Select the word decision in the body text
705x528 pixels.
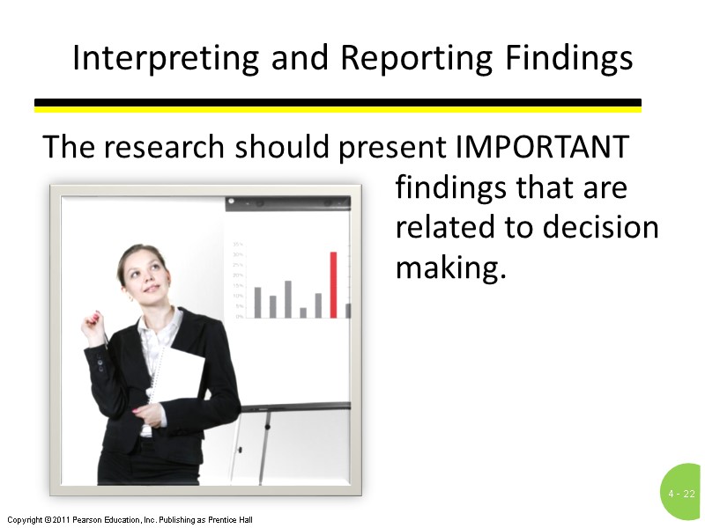pyautogui.click(x=600, y=227)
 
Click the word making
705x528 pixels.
pyautogui.click(x=451, y=267)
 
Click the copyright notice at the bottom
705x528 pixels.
pyautogui.click(x=129, y=520)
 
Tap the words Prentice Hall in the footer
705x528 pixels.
pyautogui.click(x=232, y=520)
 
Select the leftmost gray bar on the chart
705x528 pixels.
pyautogui.click(x=257, y=302)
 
